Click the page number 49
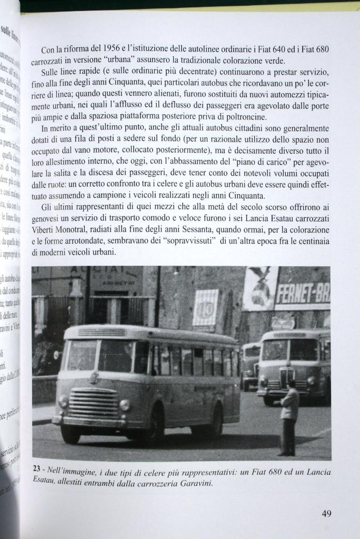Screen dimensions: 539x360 click(326, 514)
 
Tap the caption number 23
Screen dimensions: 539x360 click(36, 469)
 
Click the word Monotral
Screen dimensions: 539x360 click(75, 230)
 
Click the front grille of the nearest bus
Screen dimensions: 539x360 click(93, 403)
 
